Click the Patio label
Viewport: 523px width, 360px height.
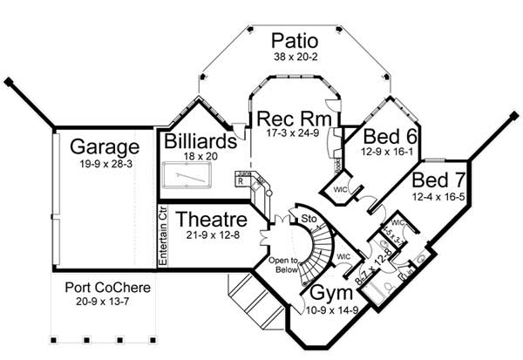click(293, 41)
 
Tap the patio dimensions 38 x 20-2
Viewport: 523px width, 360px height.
click(293, 58)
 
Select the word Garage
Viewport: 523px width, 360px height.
click(105, 146)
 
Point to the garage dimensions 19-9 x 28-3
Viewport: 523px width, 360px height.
click(105, 163)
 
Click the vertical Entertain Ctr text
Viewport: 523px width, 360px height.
click(163, 236)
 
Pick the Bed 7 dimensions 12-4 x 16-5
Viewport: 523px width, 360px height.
click(433, 198)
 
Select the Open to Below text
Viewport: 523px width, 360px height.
click(283, 263)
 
